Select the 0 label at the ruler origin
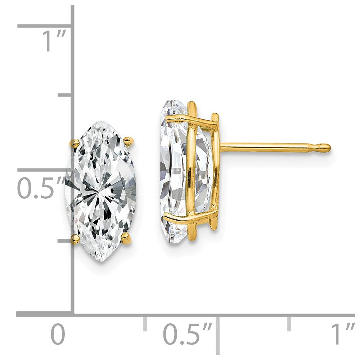click(x=58, y=334)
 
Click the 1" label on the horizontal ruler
click(x=342, y=334)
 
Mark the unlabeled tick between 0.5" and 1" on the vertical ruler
click(x=65, y=95)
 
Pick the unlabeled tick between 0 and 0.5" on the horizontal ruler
click(x=145, y=324)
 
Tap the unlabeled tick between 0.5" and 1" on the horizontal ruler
click(x=289, y=324)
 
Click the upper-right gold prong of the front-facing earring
click(x=129, y=141)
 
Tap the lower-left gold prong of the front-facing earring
click(x=76, y=239)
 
